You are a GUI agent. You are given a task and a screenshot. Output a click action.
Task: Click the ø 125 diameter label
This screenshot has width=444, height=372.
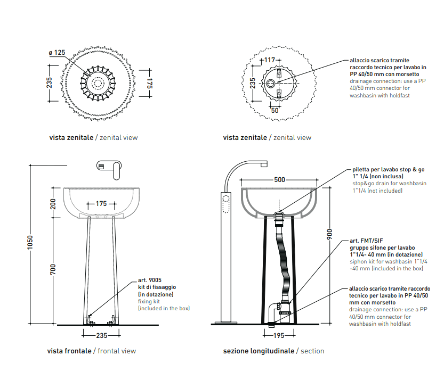tap(56, 53)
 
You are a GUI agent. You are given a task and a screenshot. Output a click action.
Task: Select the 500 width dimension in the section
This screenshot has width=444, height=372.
tap(279, 180)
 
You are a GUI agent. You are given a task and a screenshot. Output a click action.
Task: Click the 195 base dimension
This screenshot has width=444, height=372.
tap(278, 335)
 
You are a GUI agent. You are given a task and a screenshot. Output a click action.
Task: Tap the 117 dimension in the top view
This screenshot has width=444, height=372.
tap(270, 60)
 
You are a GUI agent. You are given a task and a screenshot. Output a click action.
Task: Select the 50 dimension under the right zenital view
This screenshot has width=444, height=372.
tap(275, 111)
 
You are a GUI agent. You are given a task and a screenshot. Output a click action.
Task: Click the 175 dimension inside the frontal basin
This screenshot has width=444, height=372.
tap(102, 204)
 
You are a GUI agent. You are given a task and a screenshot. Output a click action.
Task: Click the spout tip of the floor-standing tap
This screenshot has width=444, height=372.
tap(263, 164)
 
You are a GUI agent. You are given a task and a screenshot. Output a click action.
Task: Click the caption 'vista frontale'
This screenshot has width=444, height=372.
tap(69, 351)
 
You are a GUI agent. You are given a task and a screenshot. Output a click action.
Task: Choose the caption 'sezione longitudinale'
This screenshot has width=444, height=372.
tap(259, 351)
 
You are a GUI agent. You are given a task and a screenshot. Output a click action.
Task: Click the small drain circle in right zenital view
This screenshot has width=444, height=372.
tap(271, 84)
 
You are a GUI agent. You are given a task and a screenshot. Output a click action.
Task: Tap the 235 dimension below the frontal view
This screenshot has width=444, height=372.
tap(102, 336)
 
